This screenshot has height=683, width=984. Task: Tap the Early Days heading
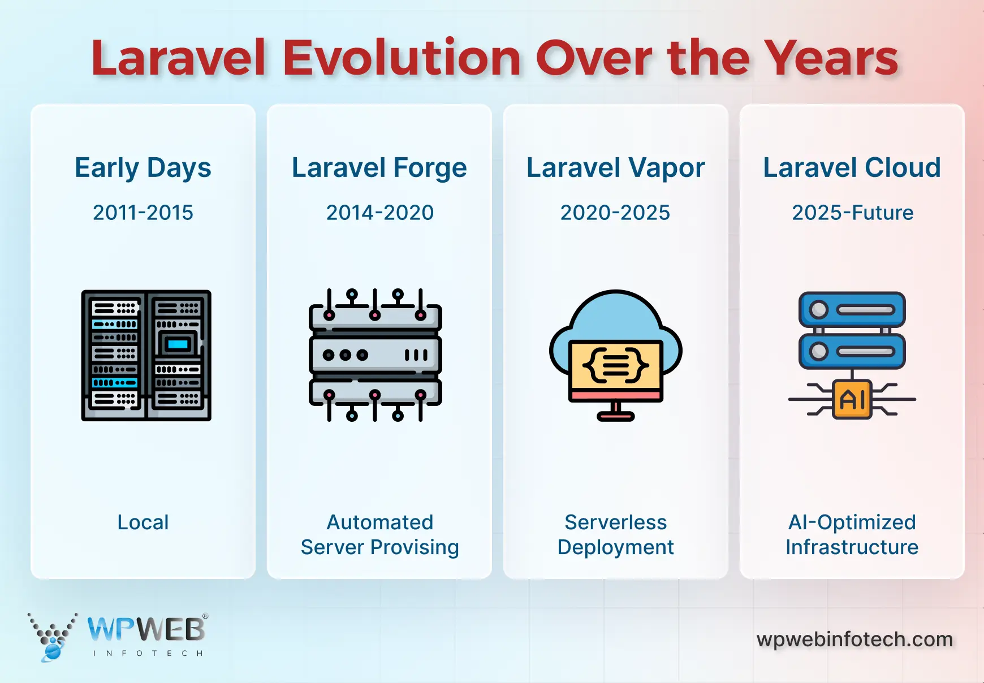tap(143, 168)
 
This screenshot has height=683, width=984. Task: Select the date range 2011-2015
tap(143, 213)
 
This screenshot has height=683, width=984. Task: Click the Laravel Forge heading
tap(379, 168)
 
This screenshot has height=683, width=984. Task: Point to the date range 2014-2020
tap(380, 213)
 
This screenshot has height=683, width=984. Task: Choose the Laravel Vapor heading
tap(616, 168)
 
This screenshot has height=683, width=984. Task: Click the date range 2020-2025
tap(615, 213)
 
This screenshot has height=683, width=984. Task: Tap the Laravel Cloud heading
tap(852, 168)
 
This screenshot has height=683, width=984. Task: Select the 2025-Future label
tap(853, 213)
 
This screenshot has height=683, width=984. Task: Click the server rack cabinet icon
tap(146, 356)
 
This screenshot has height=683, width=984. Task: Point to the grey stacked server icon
tap(376, 355)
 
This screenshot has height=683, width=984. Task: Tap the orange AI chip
tap(852, 399)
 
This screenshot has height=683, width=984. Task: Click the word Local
tap(143, 522)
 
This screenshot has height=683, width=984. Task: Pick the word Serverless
tap(616, 522)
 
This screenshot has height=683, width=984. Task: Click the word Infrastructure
tap(852, 547)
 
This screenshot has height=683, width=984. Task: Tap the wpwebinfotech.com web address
tap(855, 639)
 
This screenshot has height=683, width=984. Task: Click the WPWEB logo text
tap(146, 629)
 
